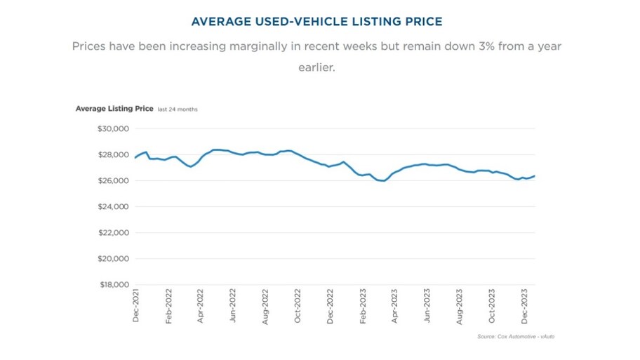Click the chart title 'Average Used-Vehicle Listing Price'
[316, 22]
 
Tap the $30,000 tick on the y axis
[112, 129]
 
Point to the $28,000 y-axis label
[112, 155]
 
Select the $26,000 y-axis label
[112, 181]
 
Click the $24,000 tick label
[112, 207]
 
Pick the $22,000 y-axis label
[112, 233]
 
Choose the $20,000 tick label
[112, 259]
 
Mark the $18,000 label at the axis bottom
[112, 285]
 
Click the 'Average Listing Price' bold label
[114, 109]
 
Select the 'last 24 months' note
[178, 109]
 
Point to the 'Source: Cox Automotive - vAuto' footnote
[516, 337]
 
